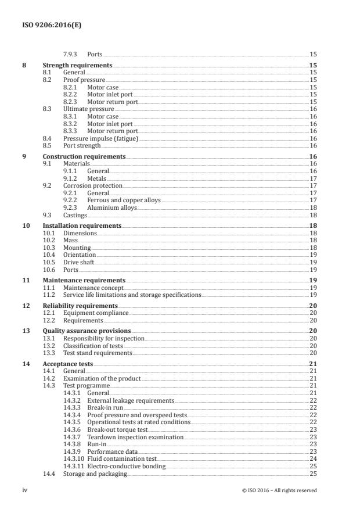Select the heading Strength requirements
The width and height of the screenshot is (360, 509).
pyautogui.click(x=77, y=66)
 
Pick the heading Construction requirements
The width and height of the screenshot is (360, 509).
pyautogui.click(x=84, y=156)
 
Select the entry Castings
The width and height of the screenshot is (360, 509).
pyautogui.click(x=75, y=214)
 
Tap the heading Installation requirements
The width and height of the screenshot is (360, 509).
pyautogui.click(x=82, y=225)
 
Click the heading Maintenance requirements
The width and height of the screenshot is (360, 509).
pyautogui.click(x=84, y=280)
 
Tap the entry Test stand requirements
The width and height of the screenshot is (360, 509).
pyautogui.click(x=98, y=353)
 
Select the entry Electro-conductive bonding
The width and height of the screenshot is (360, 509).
pyautogui.click(x=126, y=466)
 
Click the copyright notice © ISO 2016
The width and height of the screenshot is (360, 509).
pyautogui.click(x=279, y=490)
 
